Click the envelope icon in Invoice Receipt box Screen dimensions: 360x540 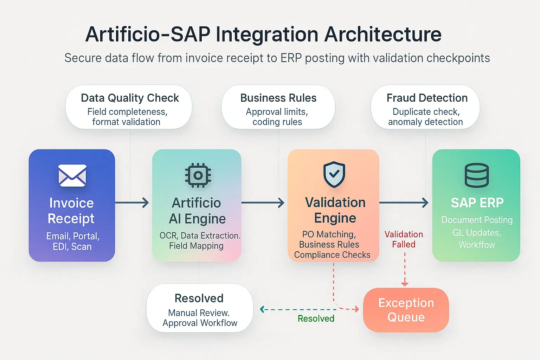coord(72,175)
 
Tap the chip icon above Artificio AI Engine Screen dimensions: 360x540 coord(198,175)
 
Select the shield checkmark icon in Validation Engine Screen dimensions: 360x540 coord(334,174)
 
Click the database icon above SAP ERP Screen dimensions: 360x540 coord(477,175)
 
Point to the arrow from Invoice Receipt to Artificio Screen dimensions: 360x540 coord(132,202)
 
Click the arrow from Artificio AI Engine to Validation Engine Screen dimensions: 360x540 coord(263,202)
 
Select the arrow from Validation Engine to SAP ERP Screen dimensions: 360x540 coord(404,202)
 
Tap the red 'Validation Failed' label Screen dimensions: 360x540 coord(404,239)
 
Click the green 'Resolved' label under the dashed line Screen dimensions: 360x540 coord(316,319)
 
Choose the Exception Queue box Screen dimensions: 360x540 coord(406,310)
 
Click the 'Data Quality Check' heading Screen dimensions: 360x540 coord(130,98)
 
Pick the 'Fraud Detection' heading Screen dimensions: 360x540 coord(427,98)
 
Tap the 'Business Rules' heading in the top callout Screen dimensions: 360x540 coord(278,98)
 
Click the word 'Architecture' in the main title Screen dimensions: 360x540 coord(382,34)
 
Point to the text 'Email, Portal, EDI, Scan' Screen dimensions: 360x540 coord(72,241)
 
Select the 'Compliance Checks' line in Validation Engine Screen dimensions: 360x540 coord(332,255)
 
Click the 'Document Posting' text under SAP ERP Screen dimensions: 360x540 coord(477,220)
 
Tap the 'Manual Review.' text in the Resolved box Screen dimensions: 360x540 coord(199,313)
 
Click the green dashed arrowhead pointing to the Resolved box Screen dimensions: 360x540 coord(262,309)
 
